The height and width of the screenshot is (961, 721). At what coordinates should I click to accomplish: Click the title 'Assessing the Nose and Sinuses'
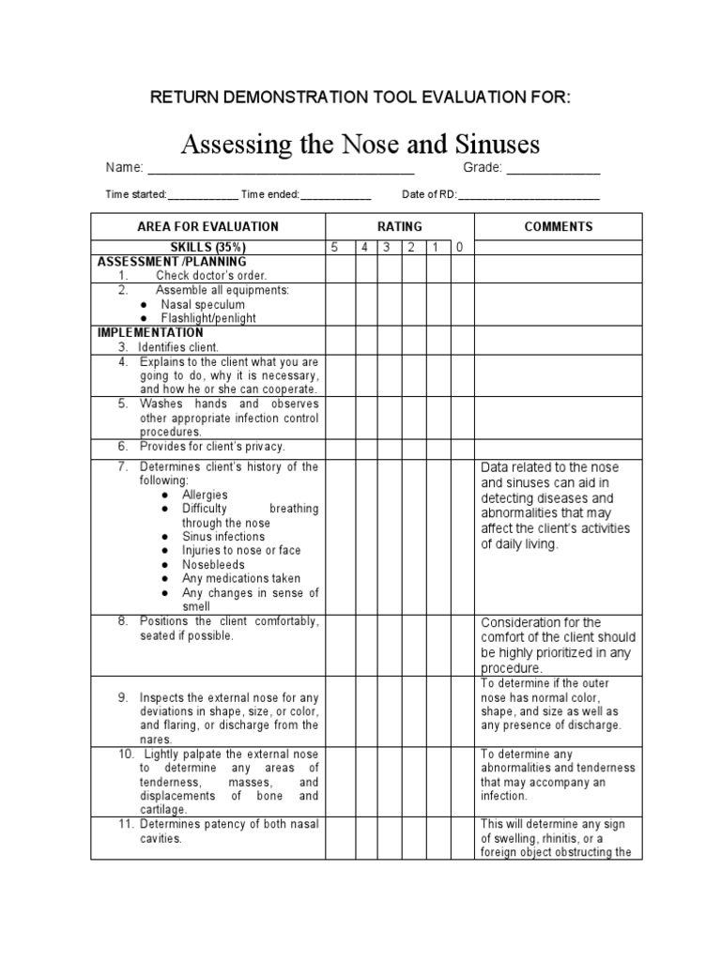point(360,145)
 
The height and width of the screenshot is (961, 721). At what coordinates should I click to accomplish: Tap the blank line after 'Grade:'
point(553,170)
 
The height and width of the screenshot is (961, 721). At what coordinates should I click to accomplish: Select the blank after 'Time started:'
point(203,195)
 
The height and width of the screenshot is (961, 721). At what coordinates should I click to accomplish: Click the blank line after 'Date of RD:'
point(528,195)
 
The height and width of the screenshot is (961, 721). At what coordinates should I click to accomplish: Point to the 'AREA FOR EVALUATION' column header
point(207,226)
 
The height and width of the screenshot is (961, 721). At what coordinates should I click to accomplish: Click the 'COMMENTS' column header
point(558,226)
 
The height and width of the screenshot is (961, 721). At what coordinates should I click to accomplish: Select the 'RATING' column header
point(400,226)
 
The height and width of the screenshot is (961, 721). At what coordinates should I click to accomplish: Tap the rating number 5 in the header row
point(333,248)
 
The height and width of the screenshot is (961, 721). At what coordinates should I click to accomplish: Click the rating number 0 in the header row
point(459,248)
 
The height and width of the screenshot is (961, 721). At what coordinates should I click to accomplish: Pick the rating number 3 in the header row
point(385,248)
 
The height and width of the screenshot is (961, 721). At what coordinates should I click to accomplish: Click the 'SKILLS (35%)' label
point(207,248)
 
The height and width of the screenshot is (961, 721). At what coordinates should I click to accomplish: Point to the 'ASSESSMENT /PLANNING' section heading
point(172,262)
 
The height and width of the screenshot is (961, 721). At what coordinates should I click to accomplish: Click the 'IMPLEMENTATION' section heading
point(150,332)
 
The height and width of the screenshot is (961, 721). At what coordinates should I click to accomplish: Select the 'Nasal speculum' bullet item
point(203,304)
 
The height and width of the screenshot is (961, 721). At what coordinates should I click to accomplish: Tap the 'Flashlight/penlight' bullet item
point(208,318)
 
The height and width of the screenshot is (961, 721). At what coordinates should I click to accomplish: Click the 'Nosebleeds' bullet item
point(213,565)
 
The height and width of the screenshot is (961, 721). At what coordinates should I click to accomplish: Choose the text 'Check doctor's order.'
point(211,276)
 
